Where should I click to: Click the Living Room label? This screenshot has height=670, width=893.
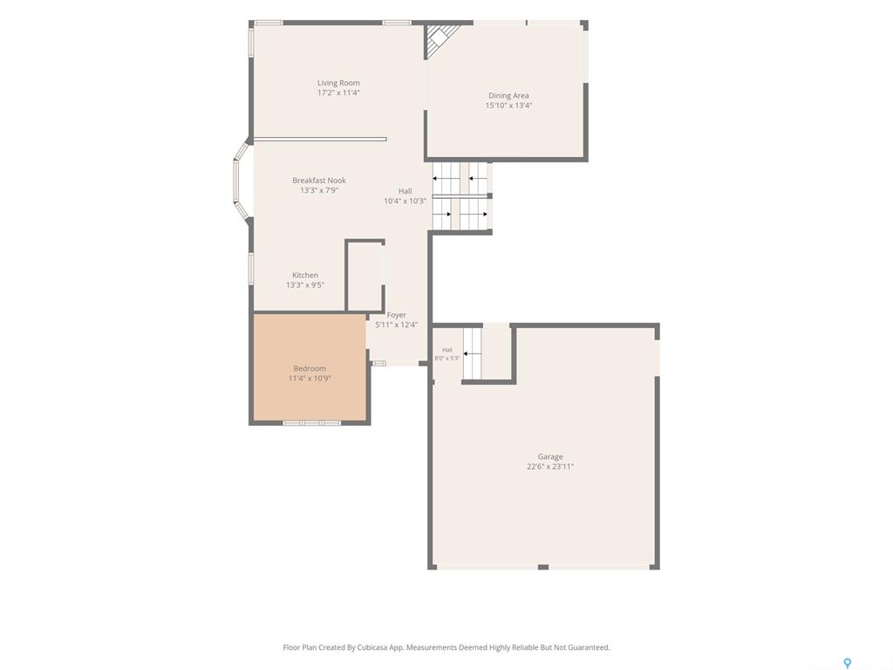click(x=338, y=83)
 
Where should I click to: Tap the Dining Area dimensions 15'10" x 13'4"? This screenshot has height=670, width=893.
click(x=508, y=106)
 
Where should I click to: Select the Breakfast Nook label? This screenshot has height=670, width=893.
click(x=319, y=180)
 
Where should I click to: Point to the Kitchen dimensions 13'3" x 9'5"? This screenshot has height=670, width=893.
click(x=305, y=285)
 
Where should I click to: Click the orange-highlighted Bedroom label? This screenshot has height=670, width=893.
click(x=310, y=369)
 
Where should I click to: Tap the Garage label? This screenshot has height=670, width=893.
click(x=550, y=456)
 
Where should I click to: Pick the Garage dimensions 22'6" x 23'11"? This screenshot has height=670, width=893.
click(x=550, y=467)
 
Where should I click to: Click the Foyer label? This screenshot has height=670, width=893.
click(x=397, y=315)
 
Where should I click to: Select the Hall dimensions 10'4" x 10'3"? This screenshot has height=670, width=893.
click(x=405, y=202)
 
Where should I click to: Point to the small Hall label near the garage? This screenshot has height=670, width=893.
click(x=447, y=350)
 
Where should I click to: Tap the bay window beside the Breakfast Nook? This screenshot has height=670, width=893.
click(x=242, y=180)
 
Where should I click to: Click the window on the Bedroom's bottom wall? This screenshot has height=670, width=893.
click(x=311, y=423)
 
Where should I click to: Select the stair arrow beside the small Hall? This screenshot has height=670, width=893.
click(x=473, y=354)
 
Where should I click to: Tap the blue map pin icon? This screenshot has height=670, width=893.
click(x=847, y=663)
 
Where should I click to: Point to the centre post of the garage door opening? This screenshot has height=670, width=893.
click(x=542, y=567)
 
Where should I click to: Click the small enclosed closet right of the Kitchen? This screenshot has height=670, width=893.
click(x=365, y=276)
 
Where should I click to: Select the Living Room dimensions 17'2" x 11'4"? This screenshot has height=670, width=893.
click(x=338, y=92)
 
